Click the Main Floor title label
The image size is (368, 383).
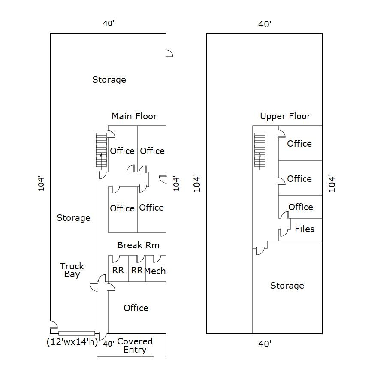(x=134, y=116)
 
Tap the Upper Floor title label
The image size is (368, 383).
(x=285, y=116)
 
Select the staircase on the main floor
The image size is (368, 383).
(x=101, y=150)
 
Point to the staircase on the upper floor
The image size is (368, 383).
(x=260, y=150)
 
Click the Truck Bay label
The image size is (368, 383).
(x=72, y=270)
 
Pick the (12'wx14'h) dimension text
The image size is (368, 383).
(x=72, y=342)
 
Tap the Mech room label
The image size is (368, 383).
(x=155, y=271)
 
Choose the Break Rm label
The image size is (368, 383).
(x=138, y=245)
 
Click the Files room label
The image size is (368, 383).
(x=305, y=229)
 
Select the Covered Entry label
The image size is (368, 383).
(x=135, y=345)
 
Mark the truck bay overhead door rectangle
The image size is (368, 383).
(x=77, y=333)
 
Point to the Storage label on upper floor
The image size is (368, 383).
(x=287, y=286)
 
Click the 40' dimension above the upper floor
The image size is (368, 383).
(x=265, y=24)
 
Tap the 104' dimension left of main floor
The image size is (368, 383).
(x=42, y=183)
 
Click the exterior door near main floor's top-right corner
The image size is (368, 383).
(x=169, y=53)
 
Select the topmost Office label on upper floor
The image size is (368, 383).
(x=299, y=144)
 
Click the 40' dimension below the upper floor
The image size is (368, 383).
(x=265, y=344)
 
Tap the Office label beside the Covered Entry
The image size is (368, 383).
(x=136, y=308)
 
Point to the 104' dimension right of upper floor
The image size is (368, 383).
(x=332, y=183)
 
